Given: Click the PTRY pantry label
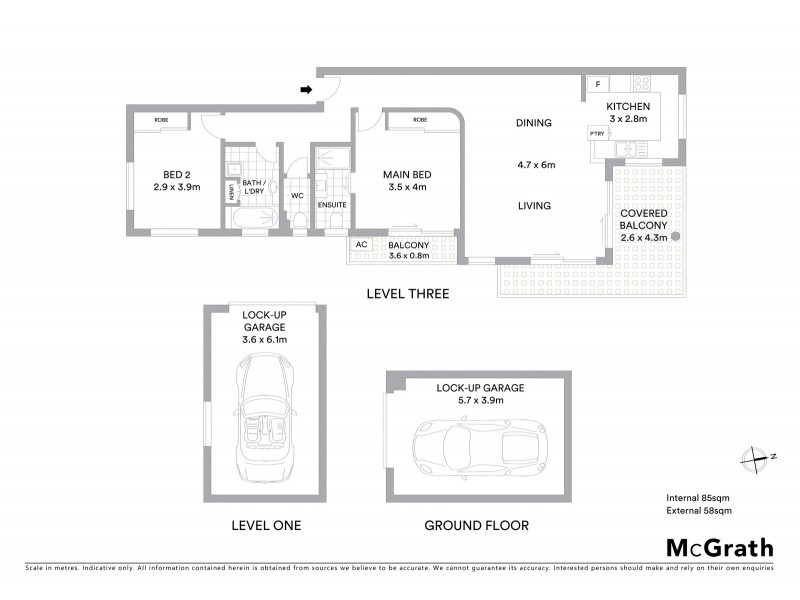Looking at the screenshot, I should click(x=597, y=133).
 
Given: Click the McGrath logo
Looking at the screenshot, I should click(x=719, y=547).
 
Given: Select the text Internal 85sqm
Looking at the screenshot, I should click(x=699, y=497).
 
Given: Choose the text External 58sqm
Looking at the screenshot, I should click(x=699, y=511).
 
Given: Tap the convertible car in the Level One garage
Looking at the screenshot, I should click(x=265, y=423).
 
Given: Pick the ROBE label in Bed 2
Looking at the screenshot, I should click(x=161, y=120).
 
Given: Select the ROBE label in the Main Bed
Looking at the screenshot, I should click(x=420, y=120).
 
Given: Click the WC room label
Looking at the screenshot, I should click(x=297, y=196).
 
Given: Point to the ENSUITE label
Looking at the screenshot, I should click(x=331, y=205).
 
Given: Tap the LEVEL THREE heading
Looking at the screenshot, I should click(x=407, y=294).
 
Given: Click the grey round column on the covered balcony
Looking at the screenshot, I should click(x=676, y=237).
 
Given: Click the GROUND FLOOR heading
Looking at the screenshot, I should click(x=476, y=525).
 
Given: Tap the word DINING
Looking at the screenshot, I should click(x=534, y=123).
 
